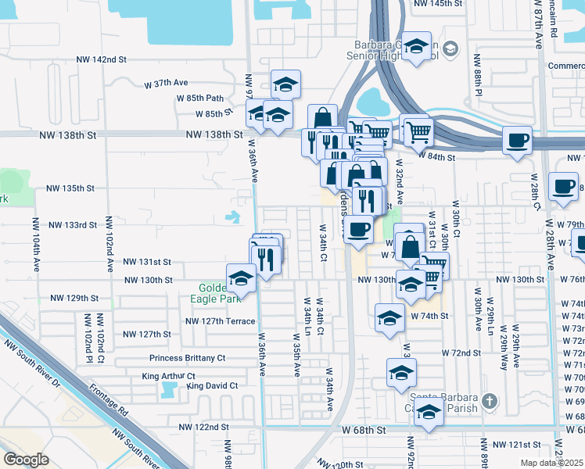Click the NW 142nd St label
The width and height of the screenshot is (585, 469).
click(x=101, y=59)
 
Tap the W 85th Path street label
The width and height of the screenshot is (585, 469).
click(x=199, y=98)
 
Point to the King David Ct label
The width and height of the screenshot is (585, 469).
click(x=212, y=385)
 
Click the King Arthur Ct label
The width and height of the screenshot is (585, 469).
click(x=168, y=376)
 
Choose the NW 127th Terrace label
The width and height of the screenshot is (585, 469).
click(x=220, y=321)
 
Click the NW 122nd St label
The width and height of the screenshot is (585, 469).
click(x=203, y=428)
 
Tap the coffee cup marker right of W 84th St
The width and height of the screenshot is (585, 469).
click(x=517, y=141)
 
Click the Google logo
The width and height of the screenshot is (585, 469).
click(x=26, y=460)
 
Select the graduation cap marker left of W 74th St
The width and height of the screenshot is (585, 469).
click(x=389, y=317)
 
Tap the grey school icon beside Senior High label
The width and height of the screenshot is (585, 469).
click(x=450, y=51)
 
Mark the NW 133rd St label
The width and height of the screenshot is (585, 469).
click(x=72, y=225)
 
